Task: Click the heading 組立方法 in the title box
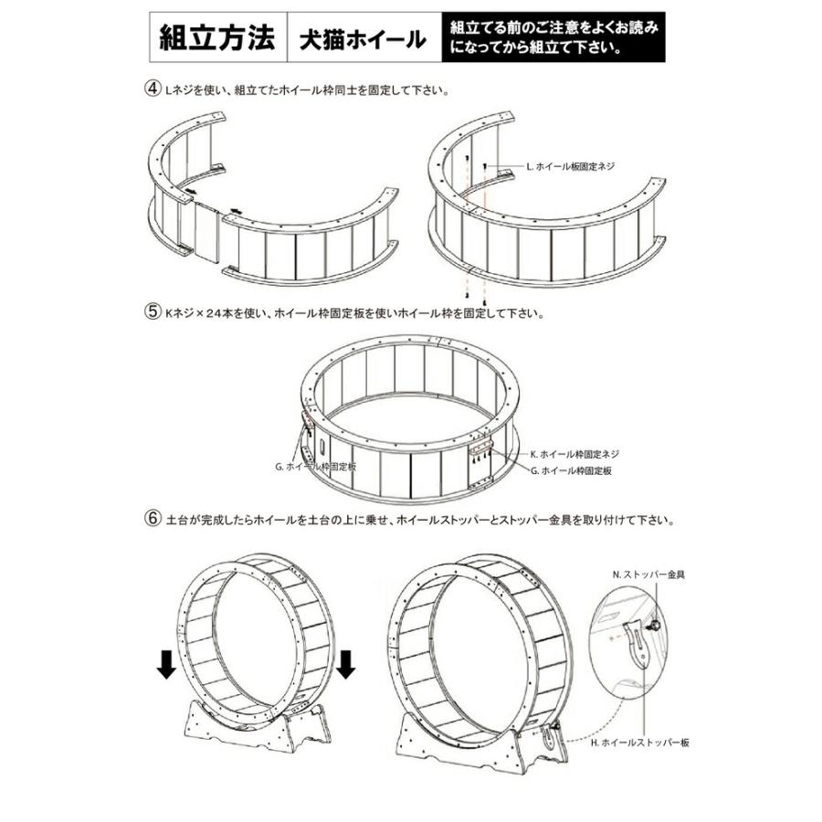tap(217, 39)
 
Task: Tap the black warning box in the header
tap(553, 39)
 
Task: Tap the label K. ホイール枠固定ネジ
tap(574, 454)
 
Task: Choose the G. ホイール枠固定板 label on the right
tap(571, 469)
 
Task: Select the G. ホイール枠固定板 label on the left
tap(316, 466)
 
